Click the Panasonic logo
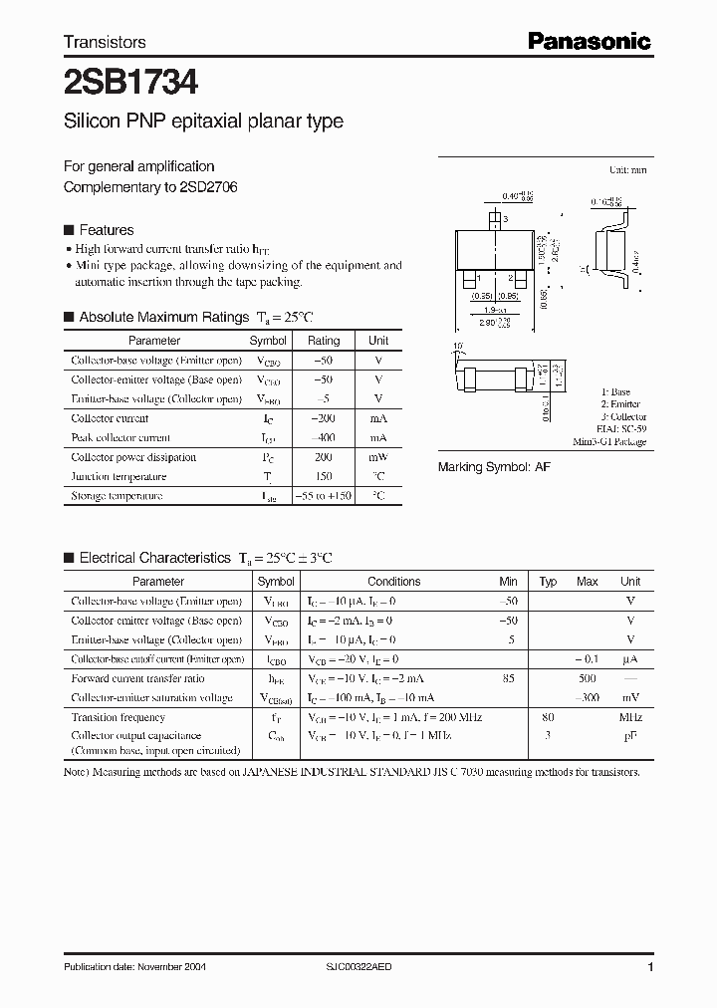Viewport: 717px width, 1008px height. pos(589,41)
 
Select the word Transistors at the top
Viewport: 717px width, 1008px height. pos(105,42)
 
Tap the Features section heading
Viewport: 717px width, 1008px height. pos(106,229)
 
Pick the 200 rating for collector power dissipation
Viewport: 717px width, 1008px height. pos(324,457)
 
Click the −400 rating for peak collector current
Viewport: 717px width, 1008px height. pos(324,437)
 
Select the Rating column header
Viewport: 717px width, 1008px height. pos(324,341)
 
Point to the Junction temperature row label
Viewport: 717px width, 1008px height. pos(117,476)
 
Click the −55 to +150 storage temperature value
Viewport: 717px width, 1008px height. pos(324,496)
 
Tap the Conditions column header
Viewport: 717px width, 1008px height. pos(393,582)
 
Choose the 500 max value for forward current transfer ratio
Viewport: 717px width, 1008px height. pos(587,678)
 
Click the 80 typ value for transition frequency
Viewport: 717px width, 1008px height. pos(547,717)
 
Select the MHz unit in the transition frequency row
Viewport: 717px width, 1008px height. pos(630,717)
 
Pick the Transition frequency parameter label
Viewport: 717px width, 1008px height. pos(119,717)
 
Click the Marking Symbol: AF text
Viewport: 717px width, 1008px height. pos(494,467)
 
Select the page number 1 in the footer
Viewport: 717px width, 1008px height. pos(650,967)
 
